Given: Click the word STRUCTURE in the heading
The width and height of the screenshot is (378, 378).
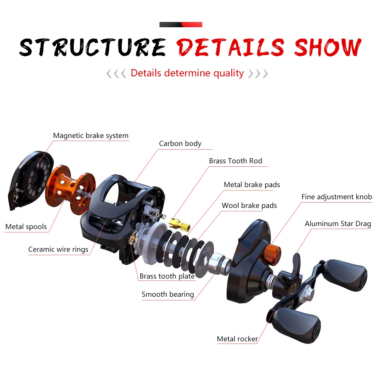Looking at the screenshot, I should [x=93, y=47].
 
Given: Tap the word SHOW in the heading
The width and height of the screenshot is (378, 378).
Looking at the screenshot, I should [x=328, y=47].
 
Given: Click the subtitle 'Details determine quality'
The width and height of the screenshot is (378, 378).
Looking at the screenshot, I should [x=187, y=73].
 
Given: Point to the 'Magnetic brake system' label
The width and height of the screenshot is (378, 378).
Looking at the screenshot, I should [x=91, y=136].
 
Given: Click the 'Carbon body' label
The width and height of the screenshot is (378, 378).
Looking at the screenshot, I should [x=180, y=144].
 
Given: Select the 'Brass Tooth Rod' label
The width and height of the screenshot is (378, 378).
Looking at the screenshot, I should [x=235, y=161].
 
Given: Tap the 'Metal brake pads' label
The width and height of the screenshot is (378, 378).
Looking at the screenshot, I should [x=252, y=185].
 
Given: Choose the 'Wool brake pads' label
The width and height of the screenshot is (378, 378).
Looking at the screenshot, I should [x=249, y=206].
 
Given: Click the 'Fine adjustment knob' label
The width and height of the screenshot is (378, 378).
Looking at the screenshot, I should [x=336, y=197].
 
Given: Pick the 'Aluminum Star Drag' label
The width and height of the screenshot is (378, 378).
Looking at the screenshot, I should [x=338, y=224].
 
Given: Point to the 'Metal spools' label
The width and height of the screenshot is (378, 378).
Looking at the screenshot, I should [x=26, y=227].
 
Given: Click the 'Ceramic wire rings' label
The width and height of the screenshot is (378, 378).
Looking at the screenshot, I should [x=58, y=249].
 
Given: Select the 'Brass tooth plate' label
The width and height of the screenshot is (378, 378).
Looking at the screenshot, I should [x=167, y=276].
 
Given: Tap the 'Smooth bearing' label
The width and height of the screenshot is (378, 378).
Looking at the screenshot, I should [x=167, y=294].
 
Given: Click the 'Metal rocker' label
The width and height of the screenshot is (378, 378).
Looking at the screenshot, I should [x=237, y=339].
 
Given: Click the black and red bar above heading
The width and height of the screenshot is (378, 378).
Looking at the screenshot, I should [x=181, y=25].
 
